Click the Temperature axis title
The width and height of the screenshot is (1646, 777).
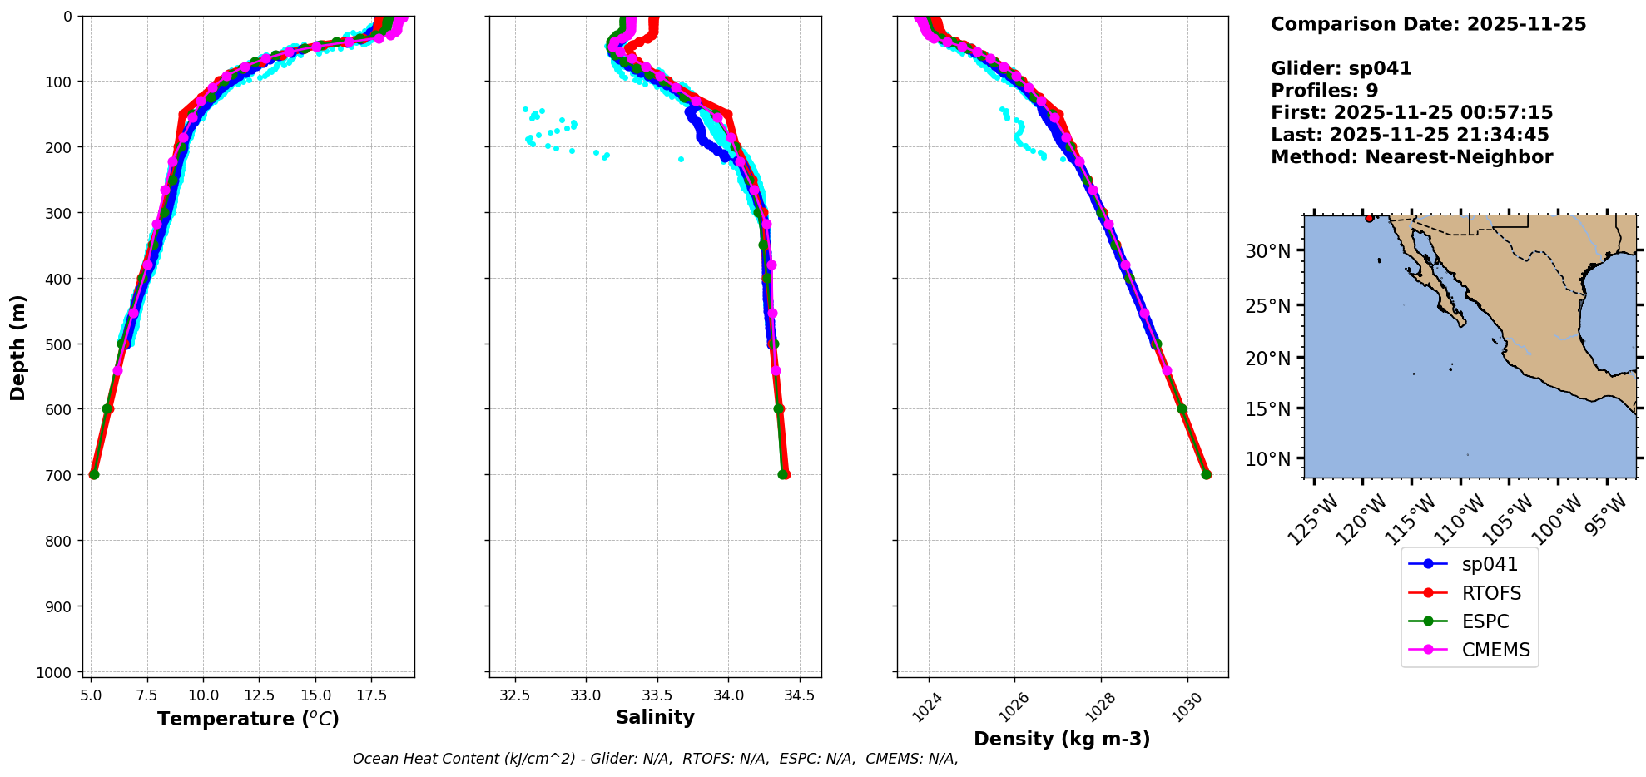[248, 719]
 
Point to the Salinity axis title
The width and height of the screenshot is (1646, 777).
[655, 717]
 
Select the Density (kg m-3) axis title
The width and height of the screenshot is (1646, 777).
[1062, 739]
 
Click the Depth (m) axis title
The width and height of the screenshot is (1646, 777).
[17, 347]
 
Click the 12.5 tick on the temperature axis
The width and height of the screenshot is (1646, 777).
[259, 695]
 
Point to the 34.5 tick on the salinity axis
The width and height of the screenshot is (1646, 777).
[799, 695]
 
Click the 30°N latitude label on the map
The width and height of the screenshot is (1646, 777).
[1267, 251]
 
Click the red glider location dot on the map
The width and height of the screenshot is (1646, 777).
[1369, 218]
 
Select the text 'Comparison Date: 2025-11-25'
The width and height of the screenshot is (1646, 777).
[1428, 24]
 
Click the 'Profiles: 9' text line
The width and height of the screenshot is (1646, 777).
[1324, 91]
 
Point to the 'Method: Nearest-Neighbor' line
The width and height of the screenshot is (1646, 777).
[1411, 157]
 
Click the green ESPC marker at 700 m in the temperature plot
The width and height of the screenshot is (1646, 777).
[94, 474]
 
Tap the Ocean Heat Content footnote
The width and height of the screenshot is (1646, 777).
[655, 759]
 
